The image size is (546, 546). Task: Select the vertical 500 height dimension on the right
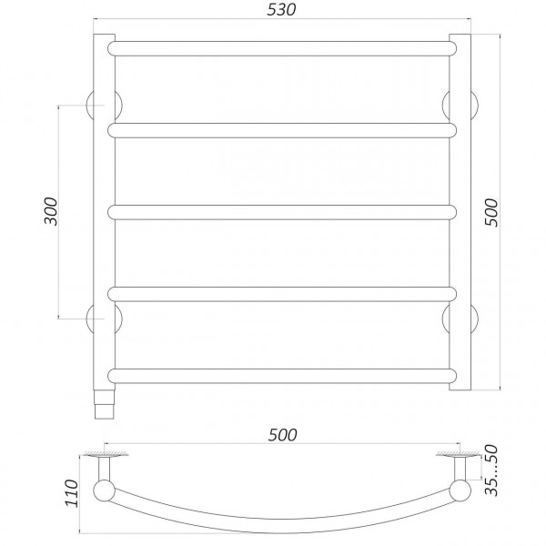coord(492,212)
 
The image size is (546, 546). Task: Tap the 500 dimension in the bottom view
coord(284,437)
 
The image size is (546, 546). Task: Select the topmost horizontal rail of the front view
coord(282,46)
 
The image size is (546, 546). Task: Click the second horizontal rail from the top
coord(282,131)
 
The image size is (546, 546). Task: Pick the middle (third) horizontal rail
coord(282,212)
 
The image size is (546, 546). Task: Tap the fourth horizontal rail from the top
coord(282,293)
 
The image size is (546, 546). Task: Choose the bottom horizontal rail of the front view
coord(282,374)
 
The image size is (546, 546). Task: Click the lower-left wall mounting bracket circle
coord(94,318)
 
